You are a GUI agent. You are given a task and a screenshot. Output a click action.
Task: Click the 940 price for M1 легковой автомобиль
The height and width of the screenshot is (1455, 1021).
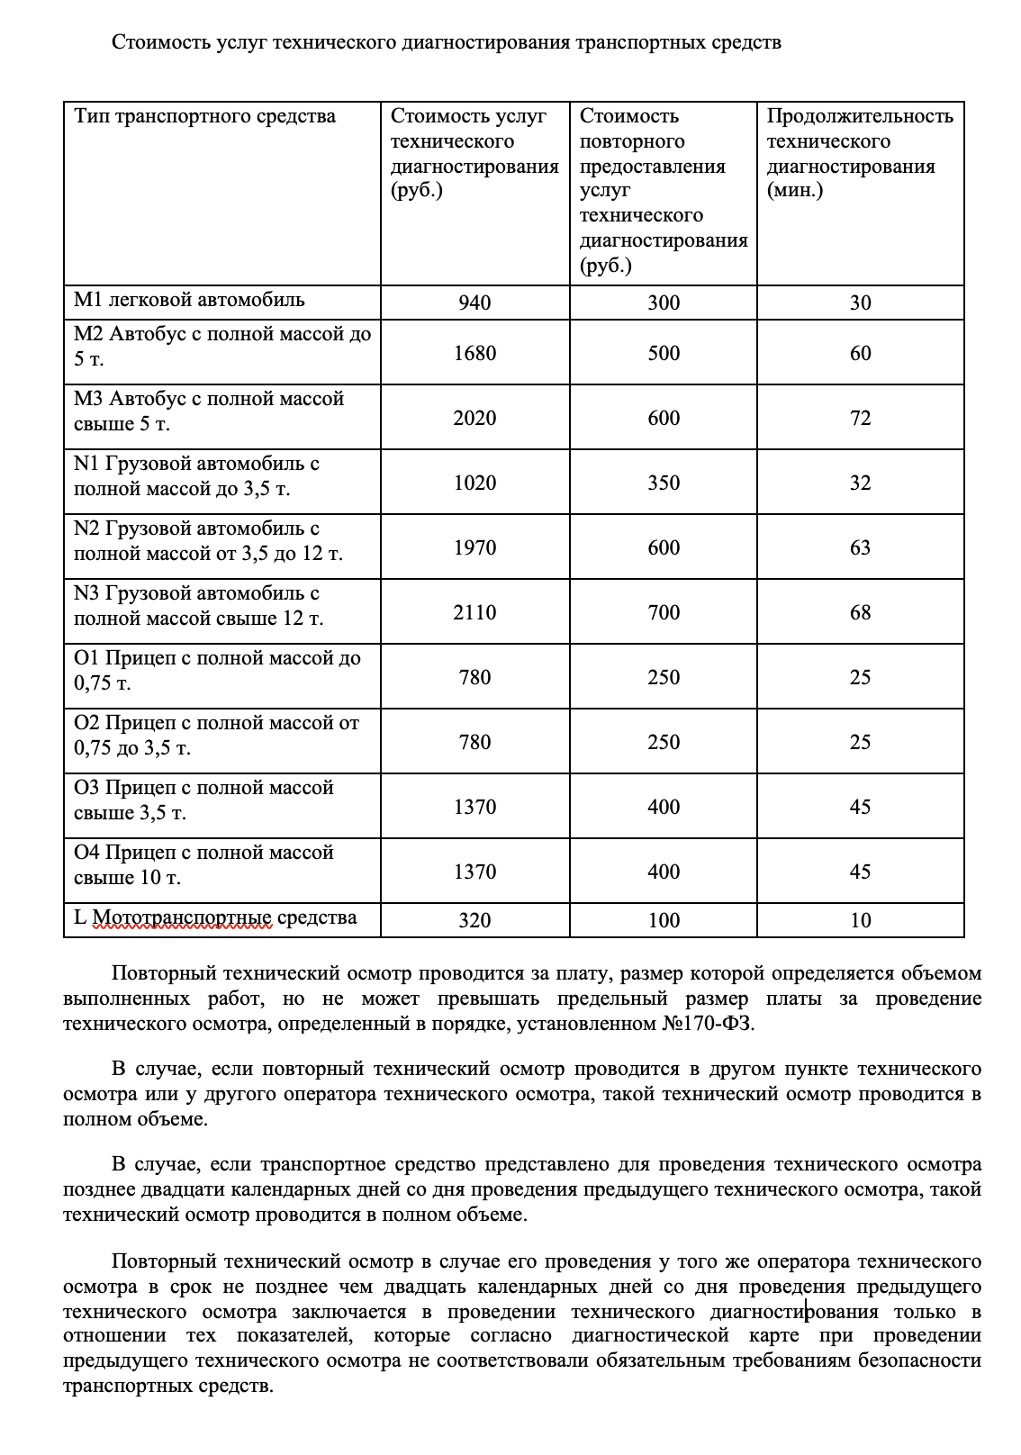[474, 303]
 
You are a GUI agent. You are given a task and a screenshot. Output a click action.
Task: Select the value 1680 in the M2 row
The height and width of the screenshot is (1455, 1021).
[474, 353]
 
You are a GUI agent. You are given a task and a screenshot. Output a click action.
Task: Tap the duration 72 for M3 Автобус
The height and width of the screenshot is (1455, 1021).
[860, 418]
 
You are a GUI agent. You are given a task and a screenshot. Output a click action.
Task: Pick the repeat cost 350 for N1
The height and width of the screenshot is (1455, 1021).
[664, 483]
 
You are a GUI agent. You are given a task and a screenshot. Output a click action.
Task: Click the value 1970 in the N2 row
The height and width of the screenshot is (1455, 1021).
[474, 547]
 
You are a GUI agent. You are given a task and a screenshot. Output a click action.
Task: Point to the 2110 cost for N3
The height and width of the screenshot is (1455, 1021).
[474, 612]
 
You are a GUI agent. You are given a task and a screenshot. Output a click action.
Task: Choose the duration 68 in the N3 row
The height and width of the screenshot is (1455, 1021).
[860, 612]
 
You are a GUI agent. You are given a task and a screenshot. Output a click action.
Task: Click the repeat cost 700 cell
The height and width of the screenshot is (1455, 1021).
[664, 612]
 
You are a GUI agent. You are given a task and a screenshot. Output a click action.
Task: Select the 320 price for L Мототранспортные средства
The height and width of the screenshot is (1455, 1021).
[474, 920]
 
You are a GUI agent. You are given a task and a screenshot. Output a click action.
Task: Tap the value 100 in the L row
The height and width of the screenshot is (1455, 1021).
[664, 920]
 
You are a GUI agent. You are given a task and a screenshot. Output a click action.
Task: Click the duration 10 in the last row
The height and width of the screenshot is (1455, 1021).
[860, 920]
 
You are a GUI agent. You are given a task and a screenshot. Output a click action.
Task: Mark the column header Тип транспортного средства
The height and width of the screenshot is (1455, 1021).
[204, 116]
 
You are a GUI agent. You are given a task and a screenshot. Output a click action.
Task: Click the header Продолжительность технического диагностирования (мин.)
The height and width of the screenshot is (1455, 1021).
[859, 153]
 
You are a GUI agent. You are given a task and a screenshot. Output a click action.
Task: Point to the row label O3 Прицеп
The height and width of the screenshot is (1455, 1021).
[203, 800]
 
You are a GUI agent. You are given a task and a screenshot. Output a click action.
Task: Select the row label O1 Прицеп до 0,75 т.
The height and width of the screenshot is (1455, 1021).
[217, 670]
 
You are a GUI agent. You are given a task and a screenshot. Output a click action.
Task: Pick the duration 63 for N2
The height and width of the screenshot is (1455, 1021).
[860, 547]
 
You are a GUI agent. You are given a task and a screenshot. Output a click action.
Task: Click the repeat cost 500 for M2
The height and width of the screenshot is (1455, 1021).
[664, 353]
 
